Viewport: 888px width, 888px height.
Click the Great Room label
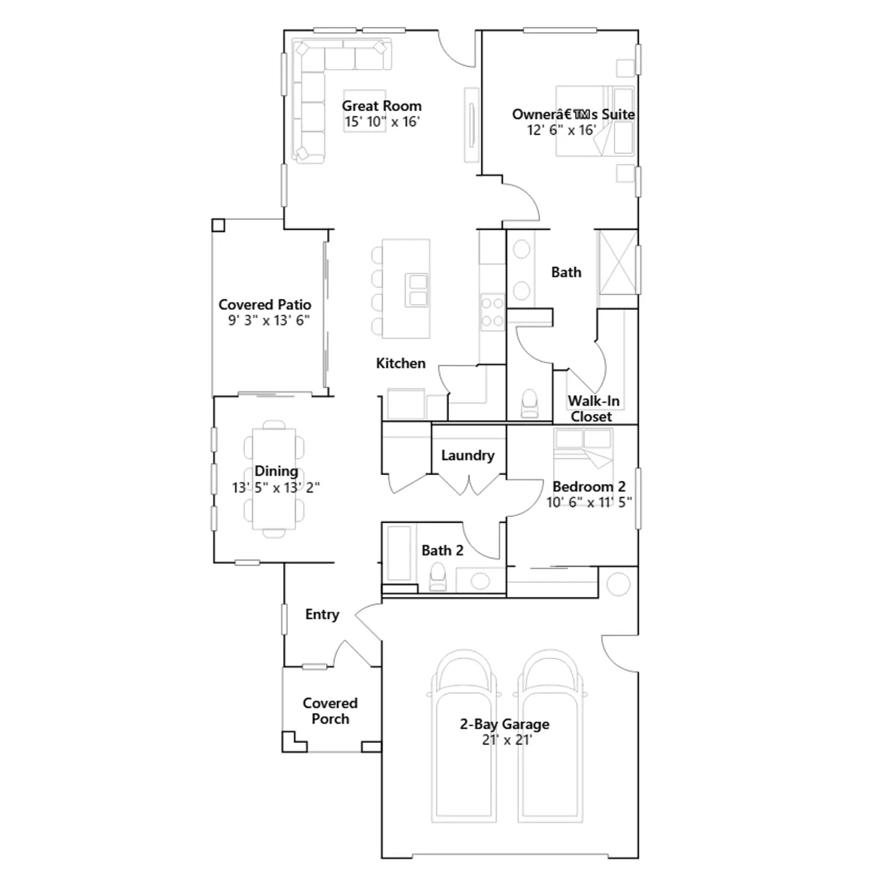pos(381,105)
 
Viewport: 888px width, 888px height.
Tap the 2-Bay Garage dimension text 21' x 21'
pos(507,740)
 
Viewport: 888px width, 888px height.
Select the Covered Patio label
pos(265,304)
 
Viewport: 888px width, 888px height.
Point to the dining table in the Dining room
pos(274,479)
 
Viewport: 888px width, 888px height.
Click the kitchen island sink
pos(417,290)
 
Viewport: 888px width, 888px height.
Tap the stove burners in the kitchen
pos(492,312)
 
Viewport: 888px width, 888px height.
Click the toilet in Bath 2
pos(438,577)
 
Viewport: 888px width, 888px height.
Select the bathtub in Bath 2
pos(398,553)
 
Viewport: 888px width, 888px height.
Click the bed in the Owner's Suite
pos(595,121)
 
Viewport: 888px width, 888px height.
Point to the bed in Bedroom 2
pos(583,452)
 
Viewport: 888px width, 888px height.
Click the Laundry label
pos(467,455)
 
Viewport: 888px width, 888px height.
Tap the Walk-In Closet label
pos(593,408)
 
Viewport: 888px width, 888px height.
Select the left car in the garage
pos(464,736)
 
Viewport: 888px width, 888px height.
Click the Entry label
pos(322,614)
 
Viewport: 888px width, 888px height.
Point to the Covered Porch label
pos(330,711)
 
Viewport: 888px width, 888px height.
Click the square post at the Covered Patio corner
pos(218,225)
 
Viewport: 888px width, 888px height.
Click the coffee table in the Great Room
pos(365,111)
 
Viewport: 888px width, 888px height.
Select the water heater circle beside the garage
pos(618,584)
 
